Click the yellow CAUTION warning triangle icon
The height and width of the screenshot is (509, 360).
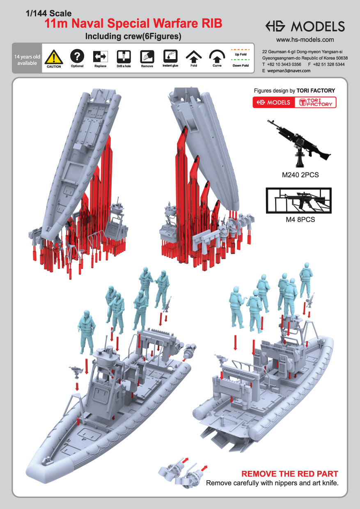[x=54, y=56]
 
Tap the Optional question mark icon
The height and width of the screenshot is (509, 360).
[x=77, y=55]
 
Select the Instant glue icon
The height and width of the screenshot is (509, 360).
[x=170, y=55]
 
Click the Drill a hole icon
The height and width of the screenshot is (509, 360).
[x=124, y=56]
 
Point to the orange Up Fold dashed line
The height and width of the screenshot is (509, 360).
[x=241, y=50]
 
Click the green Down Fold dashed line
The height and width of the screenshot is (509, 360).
[x=241, y=61]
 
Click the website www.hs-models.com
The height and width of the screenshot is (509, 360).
[x=305, y=40]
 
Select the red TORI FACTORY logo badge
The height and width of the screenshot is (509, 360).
[x=315, y=102]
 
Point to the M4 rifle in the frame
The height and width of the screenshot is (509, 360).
[x=299, y=200]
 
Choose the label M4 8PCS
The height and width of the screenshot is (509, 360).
[x=300, y=220]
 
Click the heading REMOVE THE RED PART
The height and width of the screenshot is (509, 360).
[x=290, y=474]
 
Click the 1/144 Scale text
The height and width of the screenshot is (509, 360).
[x=48, y=14]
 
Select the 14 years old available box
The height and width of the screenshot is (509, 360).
[x=27, y=60]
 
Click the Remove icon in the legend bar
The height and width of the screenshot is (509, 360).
[x=147, y=56]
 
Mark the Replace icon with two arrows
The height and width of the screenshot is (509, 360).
[x=101, y=56]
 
